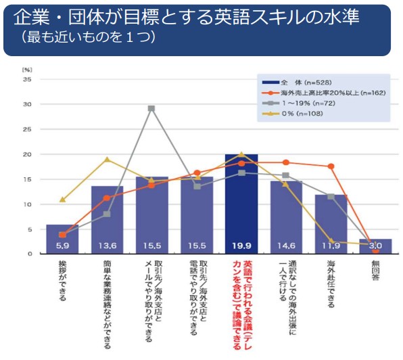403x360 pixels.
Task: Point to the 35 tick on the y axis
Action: pos(28,79)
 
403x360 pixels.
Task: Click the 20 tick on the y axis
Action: pos(28,154)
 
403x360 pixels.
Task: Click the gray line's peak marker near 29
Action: pos(151,108)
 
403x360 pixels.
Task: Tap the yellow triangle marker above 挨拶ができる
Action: pos(62,200)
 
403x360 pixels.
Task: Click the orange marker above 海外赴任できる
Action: pos(331,166)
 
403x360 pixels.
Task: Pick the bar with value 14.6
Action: pos(286,217)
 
